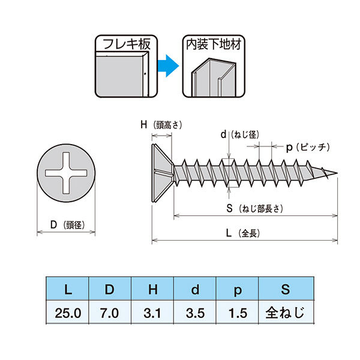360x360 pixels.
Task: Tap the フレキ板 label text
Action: click(127, 44)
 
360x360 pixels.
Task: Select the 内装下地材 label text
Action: click(214, 44)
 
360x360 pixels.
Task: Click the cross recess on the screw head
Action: click(66, 173)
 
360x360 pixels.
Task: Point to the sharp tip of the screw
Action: click(337, 173)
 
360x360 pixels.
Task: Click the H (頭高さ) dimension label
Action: click(161, 125)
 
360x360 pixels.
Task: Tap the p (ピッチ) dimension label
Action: click(308, 147)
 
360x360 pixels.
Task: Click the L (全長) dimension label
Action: click(243, 233)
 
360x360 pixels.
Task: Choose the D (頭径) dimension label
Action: click(67, 225)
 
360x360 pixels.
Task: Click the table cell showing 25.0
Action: click(67, 313)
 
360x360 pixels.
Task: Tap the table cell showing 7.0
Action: click(110, 313)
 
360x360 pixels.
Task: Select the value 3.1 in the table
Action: click(152, 313)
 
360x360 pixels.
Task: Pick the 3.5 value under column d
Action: click(195, 313)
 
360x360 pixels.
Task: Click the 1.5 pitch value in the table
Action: click(238, 313)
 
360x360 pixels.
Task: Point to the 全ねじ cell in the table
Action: click(286, 313)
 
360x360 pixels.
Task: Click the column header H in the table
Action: click(152, 289)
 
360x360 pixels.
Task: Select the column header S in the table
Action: click(286, 289)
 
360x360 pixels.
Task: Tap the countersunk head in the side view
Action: click(162, 173)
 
